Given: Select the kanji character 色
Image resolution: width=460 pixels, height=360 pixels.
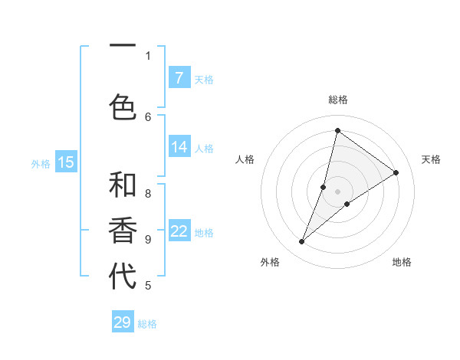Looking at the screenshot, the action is pyautogui.click(x=123, y=106).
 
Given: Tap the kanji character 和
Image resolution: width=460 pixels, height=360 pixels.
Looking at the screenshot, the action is pyautogui.click(x=123, y=186).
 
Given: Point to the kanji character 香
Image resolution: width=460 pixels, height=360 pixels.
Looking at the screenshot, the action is pyautogui.click(x=123, y=231).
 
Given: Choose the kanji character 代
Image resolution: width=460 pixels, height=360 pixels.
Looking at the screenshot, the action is pyautogui.click(x=123, y=277).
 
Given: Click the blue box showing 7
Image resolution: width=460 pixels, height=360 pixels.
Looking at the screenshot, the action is pyautogui.click(x=179, y=78).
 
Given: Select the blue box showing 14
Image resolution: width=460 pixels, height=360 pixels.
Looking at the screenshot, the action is pyautogui.click(x=179, y=147).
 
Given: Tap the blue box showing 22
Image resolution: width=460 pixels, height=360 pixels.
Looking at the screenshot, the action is pyautogui.click(x=179, y=231).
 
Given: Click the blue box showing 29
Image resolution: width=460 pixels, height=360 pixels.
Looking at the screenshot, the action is pyautogui.click(x=123, y=322).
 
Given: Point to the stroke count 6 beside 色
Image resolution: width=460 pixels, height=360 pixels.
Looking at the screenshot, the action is pyautogui.click(x=148, y=116).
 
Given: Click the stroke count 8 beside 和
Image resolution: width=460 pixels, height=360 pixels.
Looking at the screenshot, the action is pyautogui.click(x=148, y=194).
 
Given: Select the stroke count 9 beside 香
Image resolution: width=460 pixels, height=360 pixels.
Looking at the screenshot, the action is pyautogui.click(x=148, y=239).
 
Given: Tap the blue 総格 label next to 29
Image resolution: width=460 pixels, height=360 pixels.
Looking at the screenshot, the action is pyautogui.click(x=148, y=324).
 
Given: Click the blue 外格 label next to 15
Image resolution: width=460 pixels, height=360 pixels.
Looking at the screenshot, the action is pyautogui.click(x=41, y=163).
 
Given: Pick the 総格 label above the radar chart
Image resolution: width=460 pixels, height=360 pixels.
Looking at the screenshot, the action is pyautogui.click(x=337, y=100).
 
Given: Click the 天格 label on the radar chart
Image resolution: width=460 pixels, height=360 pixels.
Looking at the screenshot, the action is pyautogui.click(x=431, y=159).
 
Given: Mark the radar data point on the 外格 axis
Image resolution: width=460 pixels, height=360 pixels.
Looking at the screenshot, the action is pyautogui.click(x=302, y=242).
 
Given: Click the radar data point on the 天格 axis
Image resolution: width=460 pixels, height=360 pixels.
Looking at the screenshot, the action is pyautogui.click(x=396, y=172).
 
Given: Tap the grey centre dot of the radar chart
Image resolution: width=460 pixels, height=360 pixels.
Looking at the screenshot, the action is pyautogui.click(x=337, y=191).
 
